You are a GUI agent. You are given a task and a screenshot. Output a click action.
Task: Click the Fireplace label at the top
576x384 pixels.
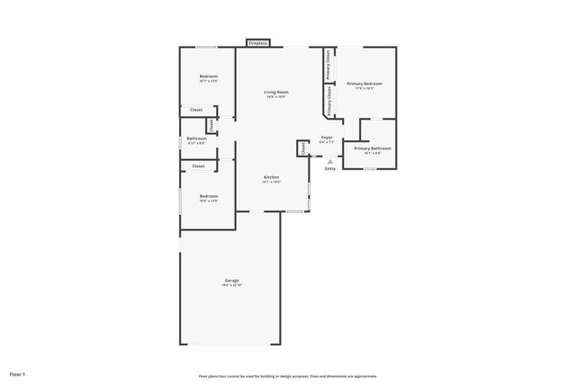click(x=258, y=42)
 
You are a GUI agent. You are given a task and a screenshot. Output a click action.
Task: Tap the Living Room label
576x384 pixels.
click(x=275, y=92)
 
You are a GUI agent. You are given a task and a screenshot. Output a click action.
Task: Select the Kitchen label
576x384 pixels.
click(x=271, y=177)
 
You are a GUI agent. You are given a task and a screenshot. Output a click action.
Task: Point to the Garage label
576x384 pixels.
click(x=231, y=281)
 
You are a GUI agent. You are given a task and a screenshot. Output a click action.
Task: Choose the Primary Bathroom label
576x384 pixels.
click(x=373, y=147)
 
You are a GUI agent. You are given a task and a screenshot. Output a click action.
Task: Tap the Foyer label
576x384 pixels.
click(x=327, y=138)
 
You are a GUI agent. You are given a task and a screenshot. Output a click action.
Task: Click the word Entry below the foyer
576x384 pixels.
click(x=330, y=168)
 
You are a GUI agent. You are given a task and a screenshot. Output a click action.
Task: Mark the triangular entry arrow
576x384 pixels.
click(x=330, y=161)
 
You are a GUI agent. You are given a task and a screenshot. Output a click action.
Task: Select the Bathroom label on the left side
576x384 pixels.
click(x=196, y=138)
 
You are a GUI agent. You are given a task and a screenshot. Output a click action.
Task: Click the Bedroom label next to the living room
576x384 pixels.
click(x=208, y=76)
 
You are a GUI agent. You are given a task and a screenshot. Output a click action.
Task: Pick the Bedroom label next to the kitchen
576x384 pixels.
click(x=208, y=196)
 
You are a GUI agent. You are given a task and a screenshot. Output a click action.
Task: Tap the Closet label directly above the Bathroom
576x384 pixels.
click(x=196, y=110)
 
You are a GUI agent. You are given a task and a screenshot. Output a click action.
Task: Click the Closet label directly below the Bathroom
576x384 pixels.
click(x=198, y=165)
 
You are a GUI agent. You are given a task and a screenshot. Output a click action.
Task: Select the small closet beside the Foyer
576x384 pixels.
click(x=303, y=148)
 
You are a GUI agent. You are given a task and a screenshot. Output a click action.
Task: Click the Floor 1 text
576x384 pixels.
click(x=18, y=373)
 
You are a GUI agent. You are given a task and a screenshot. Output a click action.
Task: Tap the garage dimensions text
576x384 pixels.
click(x=231, y=285)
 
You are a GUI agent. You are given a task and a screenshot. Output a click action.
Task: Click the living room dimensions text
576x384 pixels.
click(x=275, y=97)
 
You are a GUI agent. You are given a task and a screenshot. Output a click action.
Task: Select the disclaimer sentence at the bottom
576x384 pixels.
click(x=288, y=376)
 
